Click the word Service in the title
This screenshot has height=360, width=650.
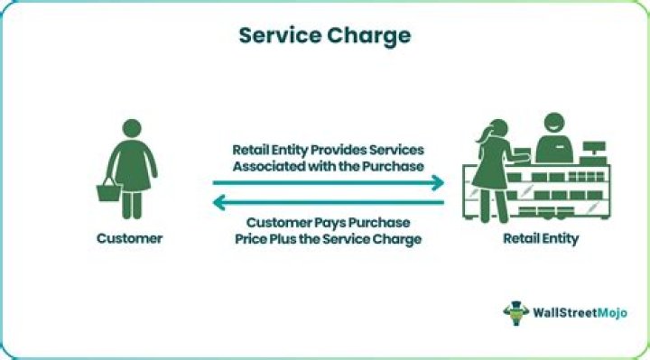coord(277,36)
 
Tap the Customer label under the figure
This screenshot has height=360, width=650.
coord(130,239)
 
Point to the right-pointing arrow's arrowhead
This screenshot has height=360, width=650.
coord(438,183)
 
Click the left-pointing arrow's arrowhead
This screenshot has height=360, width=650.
coord(218,203)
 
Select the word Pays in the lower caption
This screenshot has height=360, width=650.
coord(328,222)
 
